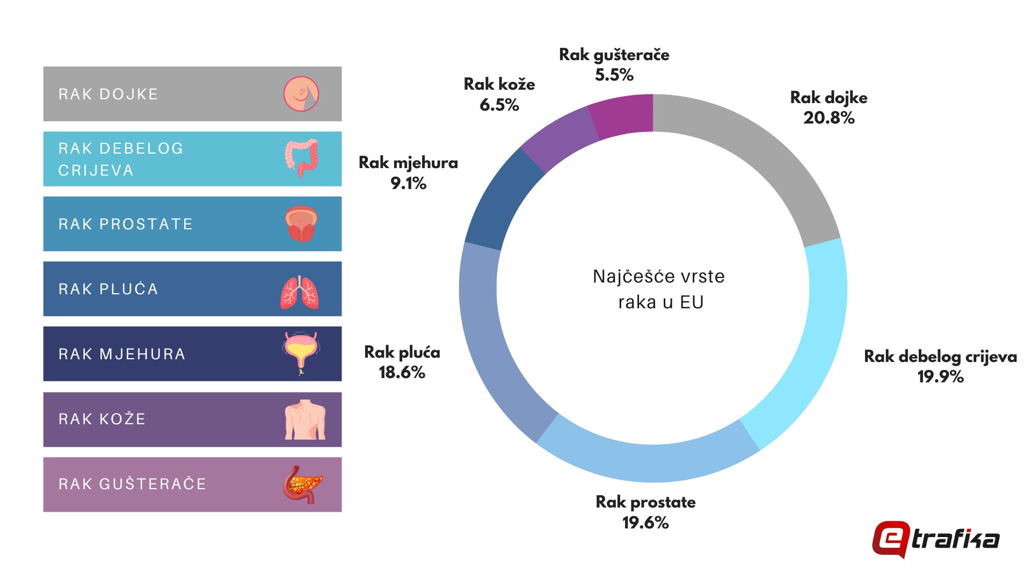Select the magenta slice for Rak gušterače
click(623, 115)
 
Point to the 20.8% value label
click(829, 118)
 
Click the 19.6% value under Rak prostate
click(645, 523)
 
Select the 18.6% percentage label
click(402, 372)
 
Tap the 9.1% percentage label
click(408, 183)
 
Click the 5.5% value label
click(614, 75)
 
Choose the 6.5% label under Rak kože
click(499, 105)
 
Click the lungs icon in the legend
click(300, 292)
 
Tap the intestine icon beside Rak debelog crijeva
click(301, 158)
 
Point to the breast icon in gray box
click(301, 94)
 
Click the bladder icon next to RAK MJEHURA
click(301, 352)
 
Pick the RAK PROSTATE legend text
click(126, 224)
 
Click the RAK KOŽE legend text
click(102, 419)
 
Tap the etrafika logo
click(935, 539)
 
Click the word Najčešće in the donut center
click(623, 277)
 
